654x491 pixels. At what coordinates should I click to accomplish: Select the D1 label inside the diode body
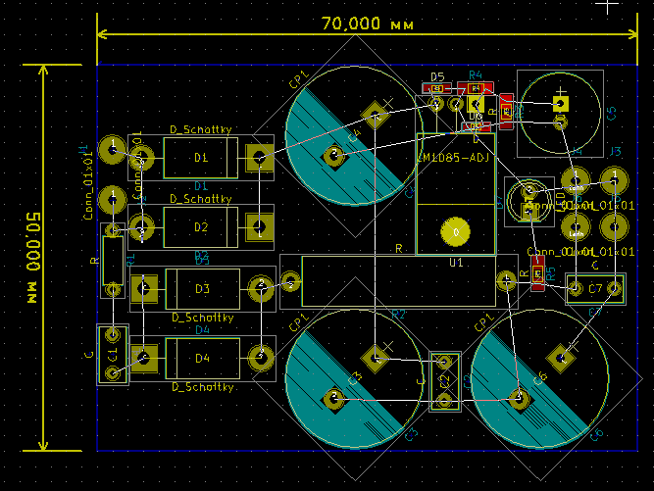pyautogui.click(x=201, y=157)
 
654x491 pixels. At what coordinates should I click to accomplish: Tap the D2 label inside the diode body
pyautogui.click(x=201, y=227)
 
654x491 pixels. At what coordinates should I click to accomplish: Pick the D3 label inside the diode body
pyautogui.click(x=202, y=288)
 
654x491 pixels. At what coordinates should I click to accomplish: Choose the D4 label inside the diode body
pyautogui.click(x=202, y=358)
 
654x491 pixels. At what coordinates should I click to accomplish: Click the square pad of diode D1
pyautogui.click(x=260, y=157)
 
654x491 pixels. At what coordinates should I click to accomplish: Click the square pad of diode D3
pyautogui.click(x=144, y=288)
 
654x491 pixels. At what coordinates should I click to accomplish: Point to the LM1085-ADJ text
pyautogui.click(x=454, y=158)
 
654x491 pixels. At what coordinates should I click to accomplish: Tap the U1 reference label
pyautogui.click(x=456, y=264)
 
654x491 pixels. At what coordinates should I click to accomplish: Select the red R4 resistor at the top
pyautogui.click(x=476, y=87)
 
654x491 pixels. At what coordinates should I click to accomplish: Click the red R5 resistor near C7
pyautogui.click(x=537, y=279)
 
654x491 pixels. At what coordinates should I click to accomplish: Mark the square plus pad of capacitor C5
pyautogui.click(x=560, y=102)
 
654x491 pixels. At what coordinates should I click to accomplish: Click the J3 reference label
pyautogui.click(x=616, y=151)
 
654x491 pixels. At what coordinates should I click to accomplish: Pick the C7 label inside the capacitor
pyautogui.click(x=595, y=288)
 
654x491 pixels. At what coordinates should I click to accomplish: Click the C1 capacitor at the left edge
pyautogui.click(x=112, y=354)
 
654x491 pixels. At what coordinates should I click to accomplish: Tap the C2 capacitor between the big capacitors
pyautogui.click(x=444, y=381)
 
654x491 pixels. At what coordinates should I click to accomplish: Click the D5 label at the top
pyautogui.click(x=437, y=76)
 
